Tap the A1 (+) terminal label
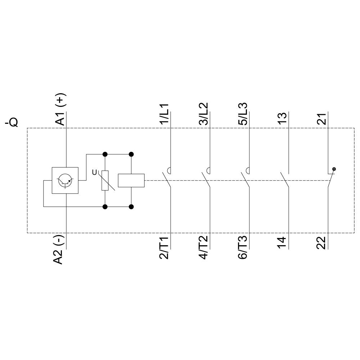[x=61, y=109]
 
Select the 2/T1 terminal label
[x=164, y=248]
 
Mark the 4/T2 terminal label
[x=204, y=248]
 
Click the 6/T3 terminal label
[x=244, y=248]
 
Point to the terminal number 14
[x=283, y=243]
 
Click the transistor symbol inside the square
[x=66, y=180]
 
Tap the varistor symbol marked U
[x=105, y=180]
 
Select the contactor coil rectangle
[x=131, y=180]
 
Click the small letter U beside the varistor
[x=95, y=172]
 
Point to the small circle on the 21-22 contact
[x=334, y=169]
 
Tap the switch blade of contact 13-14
[x=285, y=180]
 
